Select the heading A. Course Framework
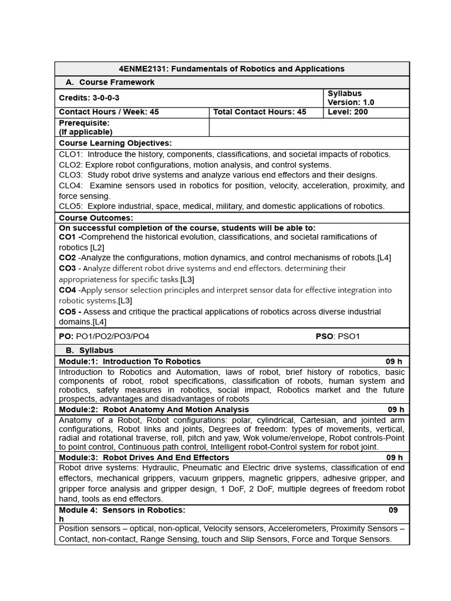pos(110,82)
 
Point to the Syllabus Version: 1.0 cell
pos(351,98)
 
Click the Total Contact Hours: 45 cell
pos(260,112)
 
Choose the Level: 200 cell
pos(348,112)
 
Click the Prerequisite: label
pos(84,123)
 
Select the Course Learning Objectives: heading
pos(115,143)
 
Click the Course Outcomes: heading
pos(96,218)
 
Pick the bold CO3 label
pos(68,268)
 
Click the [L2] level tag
pos(97,248)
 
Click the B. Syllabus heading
pos(89,350)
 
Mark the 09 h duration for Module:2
pos(396,410)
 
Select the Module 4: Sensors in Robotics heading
pos(122,510)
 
